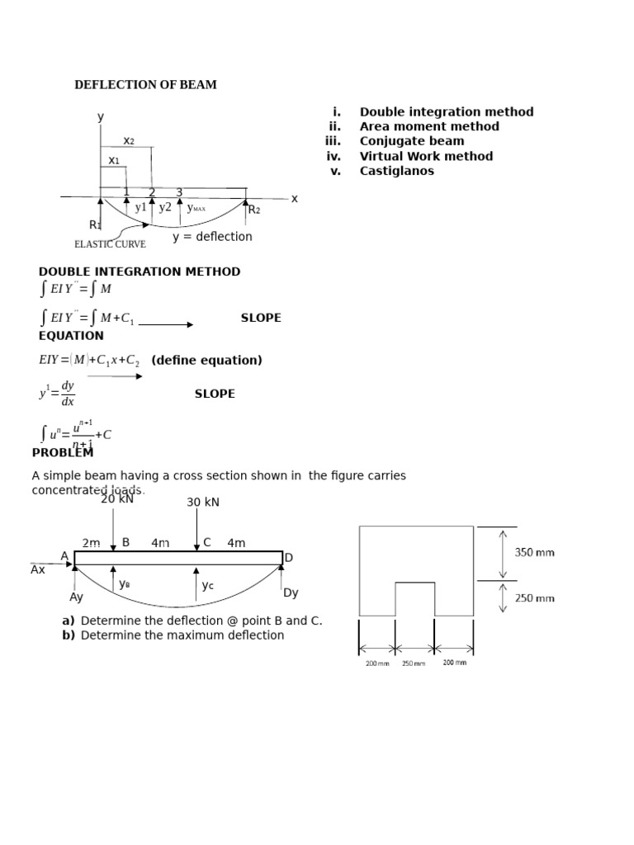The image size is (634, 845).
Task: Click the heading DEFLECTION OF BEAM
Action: coord(145,85)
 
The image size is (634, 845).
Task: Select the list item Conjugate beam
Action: coord(411,141)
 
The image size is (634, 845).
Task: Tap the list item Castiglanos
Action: coord(396,171)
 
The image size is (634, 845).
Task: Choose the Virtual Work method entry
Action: coord(426,156)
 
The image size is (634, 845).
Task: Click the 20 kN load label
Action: coord(116,498)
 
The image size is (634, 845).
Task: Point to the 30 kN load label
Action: coord(203,503)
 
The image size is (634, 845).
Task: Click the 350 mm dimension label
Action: coord(535,552)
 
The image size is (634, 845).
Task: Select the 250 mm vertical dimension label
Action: coord(535,598)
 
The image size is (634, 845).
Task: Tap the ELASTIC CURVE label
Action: coord(110,244)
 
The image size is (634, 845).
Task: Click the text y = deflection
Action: coord(212,237)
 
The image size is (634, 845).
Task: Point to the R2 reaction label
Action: coord(254,210)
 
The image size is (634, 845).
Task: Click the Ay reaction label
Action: coord(77,597)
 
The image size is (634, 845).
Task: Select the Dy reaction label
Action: coord(291,592)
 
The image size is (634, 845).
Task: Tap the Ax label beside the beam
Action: coord(38,569)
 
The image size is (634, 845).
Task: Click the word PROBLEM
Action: coord(63,452)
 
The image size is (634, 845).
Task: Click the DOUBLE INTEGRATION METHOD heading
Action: coord(140,271)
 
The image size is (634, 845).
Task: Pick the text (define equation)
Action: coord(206,360)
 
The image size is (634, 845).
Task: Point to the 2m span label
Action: coord(91,543)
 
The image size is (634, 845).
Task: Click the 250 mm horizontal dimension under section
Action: coord(414,663)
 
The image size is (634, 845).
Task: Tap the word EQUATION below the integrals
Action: coord(71,336)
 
